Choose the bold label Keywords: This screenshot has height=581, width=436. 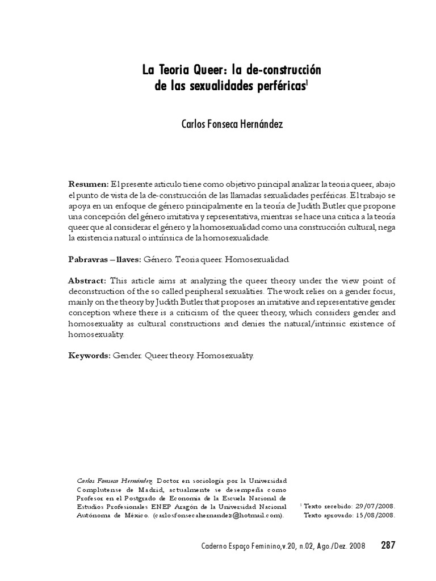tap(89, 356)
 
